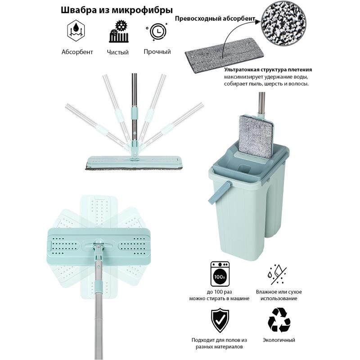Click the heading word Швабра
(77, 10)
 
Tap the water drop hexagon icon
(76, 31)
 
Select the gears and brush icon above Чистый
(119, 31)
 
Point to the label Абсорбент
(77, 52)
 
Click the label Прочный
(157, 52)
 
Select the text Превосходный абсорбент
(215, 18)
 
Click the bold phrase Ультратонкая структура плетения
(268, 70)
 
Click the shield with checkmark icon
(220, 320)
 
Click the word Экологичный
(279, 340)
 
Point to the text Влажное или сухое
(279, 292)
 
